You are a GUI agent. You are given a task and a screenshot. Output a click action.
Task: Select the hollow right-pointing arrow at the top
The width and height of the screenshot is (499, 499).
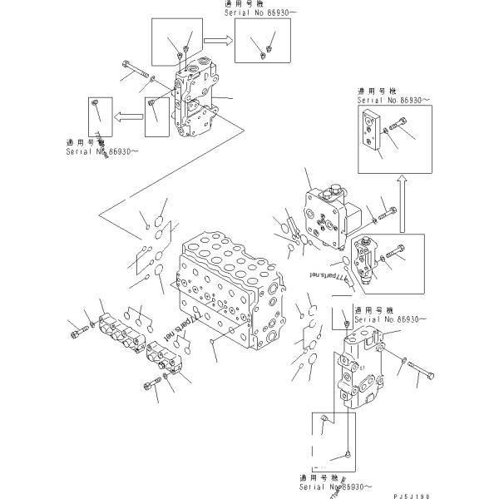219,38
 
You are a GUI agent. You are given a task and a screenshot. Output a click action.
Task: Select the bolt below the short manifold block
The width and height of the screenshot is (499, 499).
151,385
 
